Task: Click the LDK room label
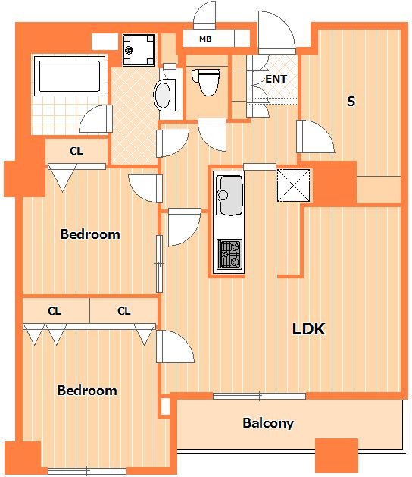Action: (309, 329)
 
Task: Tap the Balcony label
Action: (268, 423)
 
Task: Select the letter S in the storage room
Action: (351, 101)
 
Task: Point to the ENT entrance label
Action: (276, 79)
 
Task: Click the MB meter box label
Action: (205, 39)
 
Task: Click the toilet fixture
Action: (206, 82)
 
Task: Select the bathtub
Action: (70, 76)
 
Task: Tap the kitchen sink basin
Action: (229, 196)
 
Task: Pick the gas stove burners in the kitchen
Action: (229, 254)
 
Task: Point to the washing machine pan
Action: (139, 50)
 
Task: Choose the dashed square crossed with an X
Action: (294, 185)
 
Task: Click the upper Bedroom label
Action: (90, 234)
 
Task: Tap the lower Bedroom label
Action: (87, 391)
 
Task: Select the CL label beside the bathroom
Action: (76, 151)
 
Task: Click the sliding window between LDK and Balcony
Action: (259, 396)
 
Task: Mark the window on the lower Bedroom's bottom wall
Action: (87, 471)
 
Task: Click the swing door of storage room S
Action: (316, 137)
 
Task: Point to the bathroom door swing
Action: (95, 118)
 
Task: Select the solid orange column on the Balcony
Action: (337, 456)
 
